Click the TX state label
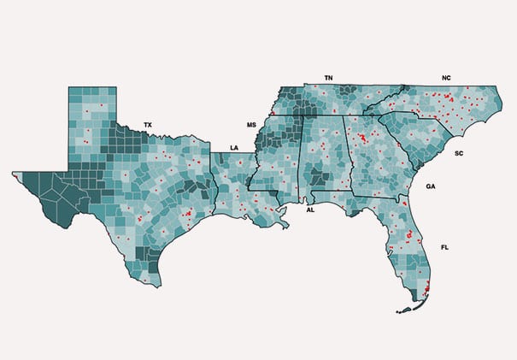pos(148,125)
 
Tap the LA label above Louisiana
pos(234,147)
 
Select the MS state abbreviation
pos(252,126)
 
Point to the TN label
pos(328,78)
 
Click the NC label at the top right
pos(446,78)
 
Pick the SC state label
pos(459,154)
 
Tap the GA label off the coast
pos(431,186)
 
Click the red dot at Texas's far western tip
pos(15,174)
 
